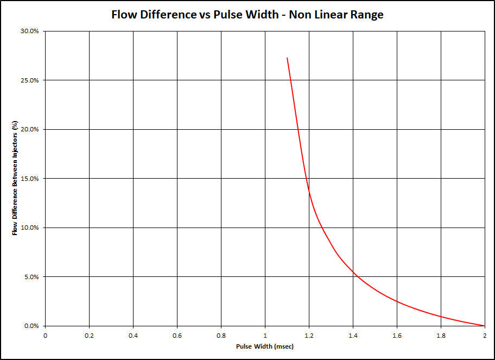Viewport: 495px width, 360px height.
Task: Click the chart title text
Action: pos(247,15)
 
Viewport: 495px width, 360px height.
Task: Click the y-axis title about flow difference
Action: pos(16,179)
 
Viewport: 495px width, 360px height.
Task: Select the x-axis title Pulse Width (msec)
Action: pos(264,346)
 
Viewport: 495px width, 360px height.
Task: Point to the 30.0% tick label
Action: pos(30,31)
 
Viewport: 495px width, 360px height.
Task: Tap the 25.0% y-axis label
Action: pos(30,80)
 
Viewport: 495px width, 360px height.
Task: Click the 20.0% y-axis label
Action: pos(30,129)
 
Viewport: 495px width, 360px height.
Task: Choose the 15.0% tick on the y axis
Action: pos(30,179)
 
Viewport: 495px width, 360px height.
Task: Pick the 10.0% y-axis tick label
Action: pos(30,228)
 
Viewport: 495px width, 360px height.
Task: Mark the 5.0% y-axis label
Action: pos(31,277)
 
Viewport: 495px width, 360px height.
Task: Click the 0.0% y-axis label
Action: pos(31,326)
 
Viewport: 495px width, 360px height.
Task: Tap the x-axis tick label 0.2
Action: pos(89,335)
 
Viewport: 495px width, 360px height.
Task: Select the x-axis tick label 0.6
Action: pos(177,335)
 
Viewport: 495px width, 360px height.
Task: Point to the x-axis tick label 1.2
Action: pos(309,335)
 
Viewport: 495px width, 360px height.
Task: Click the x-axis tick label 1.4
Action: pos(353,335)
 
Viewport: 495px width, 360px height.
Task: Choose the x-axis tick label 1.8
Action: pos(441,335)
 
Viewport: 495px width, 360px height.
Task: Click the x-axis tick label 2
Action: pos(485,335)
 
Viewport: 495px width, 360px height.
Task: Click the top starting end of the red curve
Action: pos(287,58)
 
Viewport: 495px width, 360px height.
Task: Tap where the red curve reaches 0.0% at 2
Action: pos(484,326)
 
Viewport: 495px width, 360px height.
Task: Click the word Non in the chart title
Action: pos(301,15)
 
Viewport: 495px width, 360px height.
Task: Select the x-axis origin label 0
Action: pos(45,335)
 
